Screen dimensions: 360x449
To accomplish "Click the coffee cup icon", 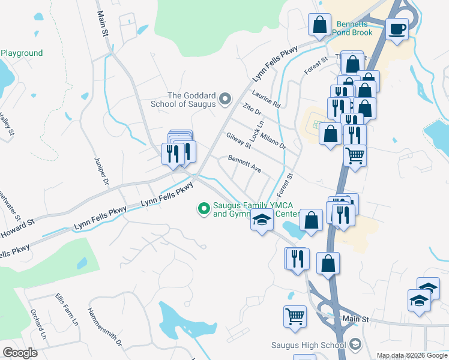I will [397, 29].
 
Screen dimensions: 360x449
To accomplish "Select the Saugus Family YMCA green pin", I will [204, 209].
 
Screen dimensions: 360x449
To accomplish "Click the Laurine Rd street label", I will [267, 100].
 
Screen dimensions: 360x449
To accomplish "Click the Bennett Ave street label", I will [244, 164].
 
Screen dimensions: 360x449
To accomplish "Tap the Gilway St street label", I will [238, 140].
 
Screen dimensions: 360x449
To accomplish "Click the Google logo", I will [20, 353].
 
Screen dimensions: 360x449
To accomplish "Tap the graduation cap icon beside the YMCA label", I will [262, 221].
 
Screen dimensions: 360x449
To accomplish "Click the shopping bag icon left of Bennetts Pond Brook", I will [319, 25].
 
